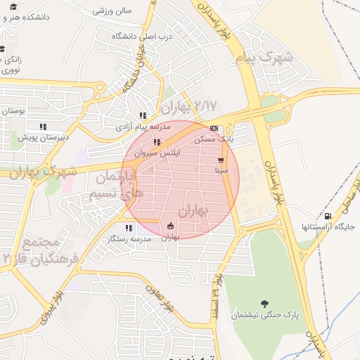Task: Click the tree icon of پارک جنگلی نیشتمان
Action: click(x=264, y=304)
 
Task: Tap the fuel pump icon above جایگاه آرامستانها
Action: click(x=327, y=216)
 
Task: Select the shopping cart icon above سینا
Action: click(x=221, y=160)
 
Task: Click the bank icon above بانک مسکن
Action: click(x=214, y=129)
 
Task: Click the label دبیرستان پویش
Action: click(x=43, y=137)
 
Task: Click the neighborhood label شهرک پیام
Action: click(x=263, y=56)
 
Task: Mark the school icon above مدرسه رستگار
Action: click(x=129, y=228)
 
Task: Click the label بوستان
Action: click(x=13, y=111)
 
